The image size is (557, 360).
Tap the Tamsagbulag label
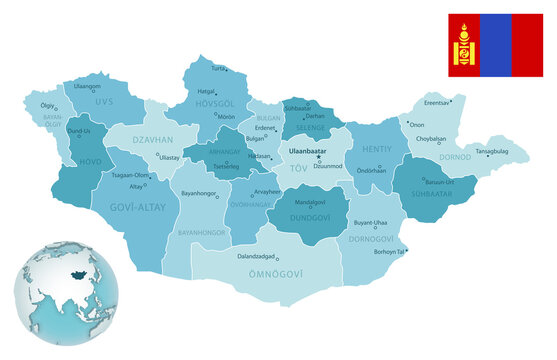pyautogui.click(x=492, y=151)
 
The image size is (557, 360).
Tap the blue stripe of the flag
pyautogui.click(x=495, y=45)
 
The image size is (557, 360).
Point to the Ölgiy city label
pyautogui.click(x=46, y=104)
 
